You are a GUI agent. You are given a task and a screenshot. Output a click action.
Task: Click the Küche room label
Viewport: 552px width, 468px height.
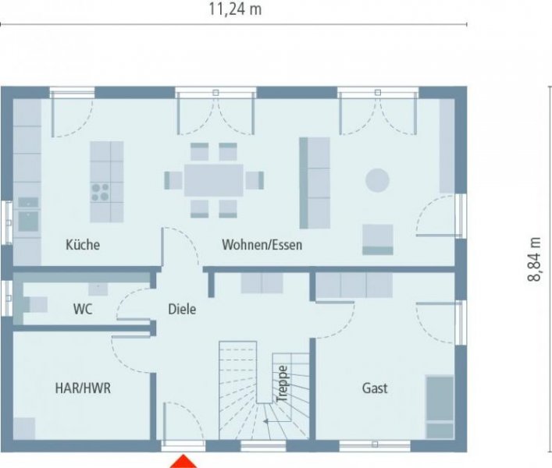[83, 245]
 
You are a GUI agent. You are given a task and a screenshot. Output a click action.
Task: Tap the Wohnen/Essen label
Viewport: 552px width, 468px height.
[262, 245]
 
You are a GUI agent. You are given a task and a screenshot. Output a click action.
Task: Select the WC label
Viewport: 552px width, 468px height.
[83, 310]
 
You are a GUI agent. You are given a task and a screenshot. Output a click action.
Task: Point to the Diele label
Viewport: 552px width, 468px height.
[182, 310]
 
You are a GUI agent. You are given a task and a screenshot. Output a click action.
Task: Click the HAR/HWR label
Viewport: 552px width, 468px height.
[82, 388]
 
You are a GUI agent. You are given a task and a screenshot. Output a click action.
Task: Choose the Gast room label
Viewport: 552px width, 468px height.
[375, 388]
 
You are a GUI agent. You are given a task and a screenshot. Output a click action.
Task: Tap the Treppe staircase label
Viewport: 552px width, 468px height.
[283, 383]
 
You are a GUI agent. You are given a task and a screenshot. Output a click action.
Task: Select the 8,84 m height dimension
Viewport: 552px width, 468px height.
[535, 260]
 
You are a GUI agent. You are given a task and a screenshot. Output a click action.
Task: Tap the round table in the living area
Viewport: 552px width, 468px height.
[377, 180]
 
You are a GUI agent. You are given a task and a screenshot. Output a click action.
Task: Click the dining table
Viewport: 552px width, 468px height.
[213, 179]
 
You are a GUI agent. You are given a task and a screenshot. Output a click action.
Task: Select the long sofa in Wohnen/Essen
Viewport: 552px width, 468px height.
[315, 183]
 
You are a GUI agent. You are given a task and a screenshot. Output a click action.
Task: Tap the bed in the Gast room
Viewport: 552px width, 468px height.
[440, 407]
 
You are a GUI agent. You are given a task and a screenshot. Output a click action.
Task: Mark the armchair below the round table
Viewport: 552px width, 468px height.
[377, 239]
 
